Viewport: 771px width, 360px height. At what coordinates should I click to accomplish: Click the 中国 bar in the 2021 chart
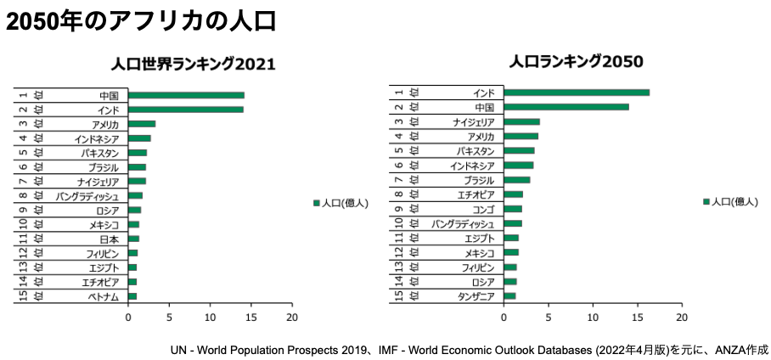186,95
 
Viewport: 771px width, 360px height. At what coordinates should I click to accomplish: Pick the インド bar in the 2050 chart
577,93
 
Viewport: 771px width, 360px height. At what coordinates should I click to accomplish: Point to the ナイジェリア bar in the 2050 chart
521,121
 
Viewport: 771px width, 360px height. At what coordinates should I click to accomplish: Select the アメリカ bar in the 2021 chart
142,124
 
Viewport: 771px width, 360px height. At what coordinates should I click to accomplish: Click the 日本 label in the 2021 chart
109,239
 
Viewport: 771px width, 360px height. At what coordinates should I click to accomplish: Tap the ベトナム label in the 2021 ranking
104,296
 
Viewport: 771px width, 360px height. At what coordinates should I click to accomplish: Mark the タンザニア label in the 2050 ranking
476,295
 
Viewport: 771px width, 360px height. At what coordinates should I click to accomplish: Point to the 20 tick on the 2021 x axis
292,318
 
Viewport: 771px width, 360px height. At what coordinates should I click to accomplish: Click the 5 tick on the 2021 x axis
169,318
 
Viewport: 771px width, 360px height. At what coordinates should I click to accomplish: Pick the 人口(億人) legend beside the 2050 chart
730,201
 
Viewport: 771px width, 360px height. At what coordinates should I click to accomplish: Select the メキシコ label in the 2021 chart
104,224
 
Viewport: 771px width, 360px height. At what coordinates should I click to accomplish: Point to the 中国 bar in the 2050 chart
566,107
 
